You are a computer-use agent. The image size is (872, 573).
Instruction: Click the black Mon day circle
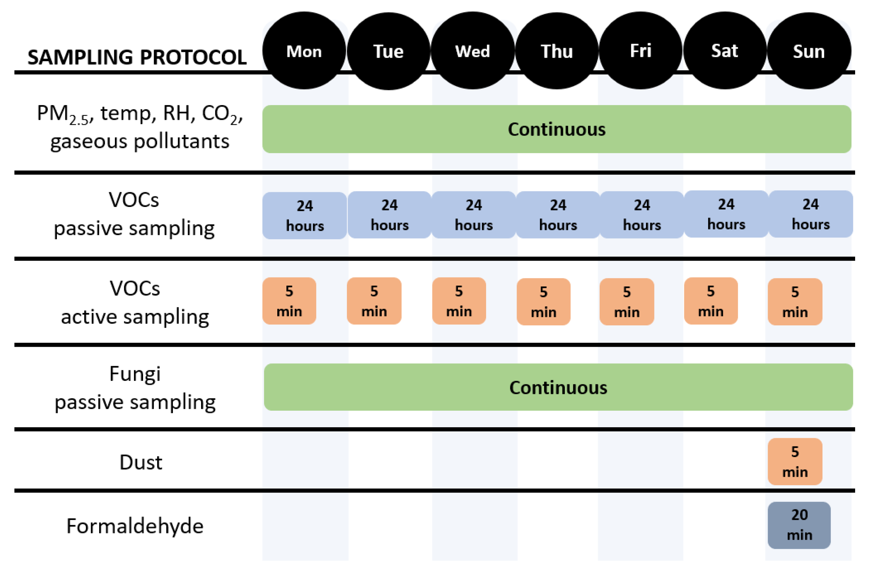click(304, 51)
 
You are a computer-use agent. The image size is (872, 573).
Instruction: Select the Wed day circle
click(473, 51)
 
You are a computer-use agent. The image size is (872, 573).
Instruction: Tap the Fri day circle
click(640, 51)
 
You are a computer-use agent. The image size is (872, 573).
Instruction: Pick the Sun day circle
click(809, 51)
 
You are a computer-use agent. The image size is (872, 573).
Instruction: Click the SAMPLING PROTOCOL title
click(137, 57)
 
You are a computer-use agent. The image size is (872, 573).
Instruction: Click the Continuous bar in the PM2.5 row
click(556, 129)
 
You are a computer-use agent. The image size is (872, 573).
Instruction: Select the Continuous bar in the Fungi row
click(558, 388)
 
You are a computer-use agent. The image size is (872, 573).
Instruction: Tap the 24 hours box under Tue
click(389, 215)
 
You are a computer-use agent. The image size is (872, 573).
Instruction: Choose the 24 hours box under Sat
click(726, 214)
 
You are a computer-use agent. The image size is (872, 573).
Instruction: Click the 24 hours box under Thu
click(558, 215)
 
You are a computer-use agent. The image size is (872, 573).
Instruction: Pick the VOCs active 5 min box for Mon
click(289, 301)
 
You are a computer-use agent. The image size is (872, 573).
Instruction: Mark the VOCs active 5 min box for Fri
click(627, 302)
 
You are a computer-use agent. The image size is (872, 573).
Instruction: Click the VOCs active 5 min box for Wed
click(459, 301)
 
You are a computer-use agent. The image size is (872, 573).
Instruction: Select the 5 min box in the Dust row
click(795, 461)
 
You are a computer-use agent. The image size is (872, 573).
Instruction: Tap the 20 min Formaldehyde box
click(799, 525)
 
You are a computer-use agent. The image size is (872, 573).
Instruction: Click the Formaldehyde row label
click(135, 526)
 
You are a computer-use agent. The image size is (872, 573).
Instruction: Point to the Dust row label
click(141, 462)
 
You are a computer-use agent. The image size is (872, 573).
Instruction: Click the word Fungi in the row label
click(135, 374)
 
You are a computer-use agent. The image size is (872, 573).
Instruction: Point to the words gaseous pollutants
click(140, 141)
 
